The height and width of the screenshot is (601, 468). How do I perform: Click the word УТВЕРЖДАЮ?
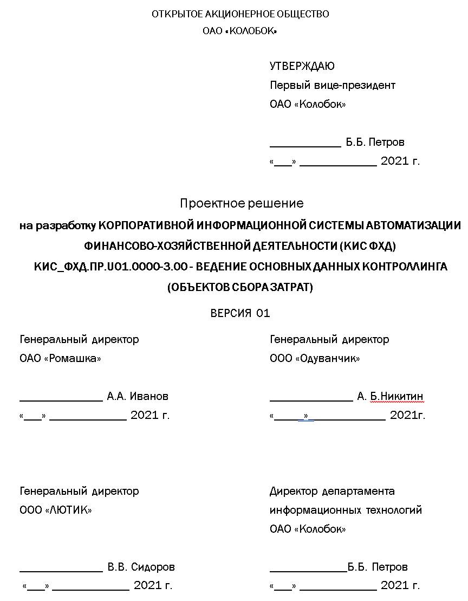(x=302, y=66)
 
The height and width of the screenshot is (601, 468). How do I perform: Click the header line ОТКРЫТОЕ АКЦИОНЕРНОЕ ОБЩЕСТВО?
(x=240, y=14)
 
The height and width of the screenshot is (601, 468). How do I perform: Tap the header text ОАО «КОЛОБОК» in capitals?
(x=240, y=31)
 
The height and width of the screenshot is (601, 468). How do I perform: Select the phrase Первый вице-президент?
(x=332, y=85)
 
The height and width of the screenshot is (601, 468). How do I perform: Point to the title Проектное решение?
(x=242, y=203)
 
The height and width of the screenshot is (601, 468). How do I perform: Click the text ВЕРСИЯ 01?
(x=240, y=313)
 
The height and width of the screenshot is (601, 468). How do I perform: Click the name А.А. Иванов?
(x=138, y=396)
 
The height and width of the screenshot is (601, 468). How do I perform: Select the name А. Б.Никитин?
(x=390, y=396)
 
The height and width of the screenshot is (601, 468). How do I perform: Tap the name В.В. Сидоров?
(x=141, y=567)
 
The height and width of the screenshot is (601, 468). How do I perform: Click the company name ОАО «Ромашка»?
(x=60, y=358)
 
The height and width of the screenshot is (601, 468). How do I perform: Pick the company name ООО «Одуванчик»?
(x=315, y=358)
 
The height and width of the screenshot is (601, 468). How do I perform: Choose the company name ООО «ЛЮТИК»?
(x=56, y=510)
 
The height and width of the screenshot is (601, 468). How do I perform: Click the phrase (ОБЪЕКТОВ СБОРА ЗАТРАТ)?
(x=240, y=288)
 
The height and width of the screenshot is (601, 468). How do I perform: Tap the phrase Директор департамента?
(x=332, y=491)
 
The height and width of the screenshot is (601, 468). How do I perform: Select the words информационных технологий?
(x=346, y=510)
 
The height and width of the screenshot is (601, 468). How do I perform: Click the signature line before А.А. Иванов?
(x=61, y=400)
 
